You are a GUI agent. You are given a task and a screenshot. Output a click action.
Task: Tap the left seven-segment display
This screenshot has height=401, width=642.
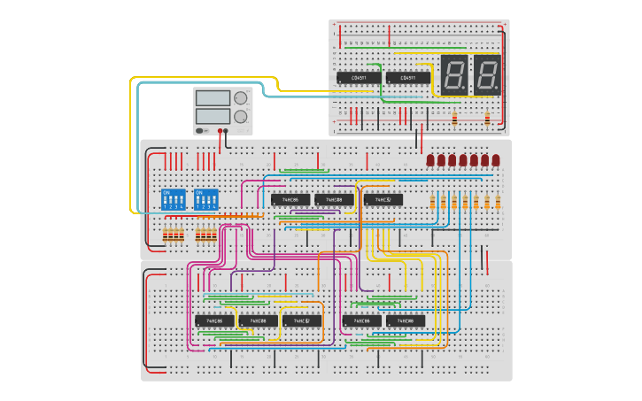pos(454,74)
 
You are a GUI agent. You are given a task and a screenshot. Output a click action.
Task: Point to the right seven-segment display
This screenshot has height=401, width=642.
pos(487,74)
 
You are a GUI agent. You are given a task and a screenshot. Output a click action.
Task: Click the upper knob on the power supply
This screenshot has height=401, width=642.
pos(240,97)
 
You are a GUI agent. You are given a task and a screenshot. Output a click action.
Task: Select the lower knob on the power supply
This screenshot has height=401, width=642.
pos(240,116)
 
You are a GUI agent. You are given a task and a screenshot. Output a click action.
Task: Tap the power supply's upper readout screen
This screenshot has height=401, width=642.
pos(213,97)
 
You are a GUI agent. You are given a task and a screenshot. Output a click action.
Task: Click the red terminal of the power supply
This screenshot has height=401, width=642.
pos(220,131)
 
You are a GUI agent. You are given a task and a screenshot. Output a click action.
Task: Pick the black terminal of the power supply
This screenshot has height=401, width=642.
pos(227,131)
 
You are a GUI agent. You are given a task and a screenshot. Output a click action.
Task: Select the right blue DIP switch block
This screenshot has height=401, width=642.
pos(205,198)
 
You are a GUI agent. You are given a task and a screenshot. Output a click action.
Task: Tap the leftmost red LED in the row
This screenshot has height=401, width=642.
pos(431,160)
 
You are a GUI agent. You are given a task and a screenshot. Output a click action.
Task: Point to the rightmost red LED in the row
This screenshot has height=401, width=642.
pos(496,160)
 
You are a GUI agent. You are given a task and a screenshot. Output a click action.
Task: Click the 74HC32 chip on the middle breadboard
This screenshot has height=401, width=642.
pos(383,199)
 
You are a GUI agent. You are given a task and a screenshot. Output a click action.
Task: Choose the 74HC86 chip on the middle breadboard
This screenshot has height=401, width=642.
pos(290,199)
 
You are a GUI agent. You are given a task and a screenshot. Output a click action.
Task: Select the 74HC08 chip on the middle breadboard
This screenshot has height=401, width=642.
pos(334,199)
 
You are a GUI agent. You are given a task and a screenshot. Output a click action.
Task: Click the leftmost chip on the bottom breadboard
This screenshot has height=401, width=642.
pos(214,320)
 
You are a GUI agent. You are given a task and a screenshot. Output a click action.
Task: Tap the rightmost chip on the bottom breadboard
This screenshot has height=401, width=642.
pos(406,320)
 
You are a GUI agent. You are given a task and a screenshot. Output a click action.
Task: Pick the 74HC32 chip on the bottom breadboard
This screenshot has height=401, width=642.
pos(302,320)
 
